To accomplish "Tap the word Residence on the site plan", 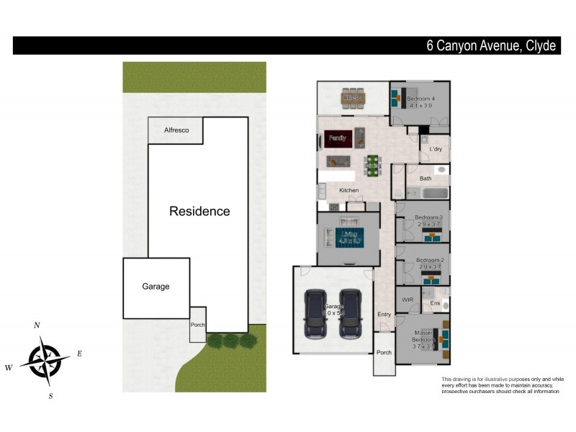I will click(199, 211).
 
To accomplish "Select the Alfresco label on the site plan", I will click(176, 130).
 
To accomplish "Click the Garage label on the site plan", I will click(156, 286).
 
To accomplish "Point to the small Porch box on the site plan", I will click(198, 325).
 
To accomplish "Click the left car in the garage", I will click(317, 313).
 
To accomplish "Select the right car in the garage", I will click(351, 313).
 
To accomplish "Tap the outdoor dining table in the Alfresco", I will click(353, 97).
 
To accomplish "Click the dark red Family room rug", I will click(337, 137).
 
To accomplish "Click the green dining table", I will click(372, 163).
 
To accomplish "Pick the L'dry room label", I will click(436, 149).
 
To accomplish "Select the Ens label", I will click(435, 304).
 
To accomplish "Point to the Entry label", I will click(384, 314).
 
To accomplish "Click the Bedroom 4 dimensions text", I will click(420, 106).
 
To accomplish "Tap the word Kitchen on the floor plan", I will click(349, 190).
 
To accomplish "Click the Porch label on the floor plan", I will click(384, 353).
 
